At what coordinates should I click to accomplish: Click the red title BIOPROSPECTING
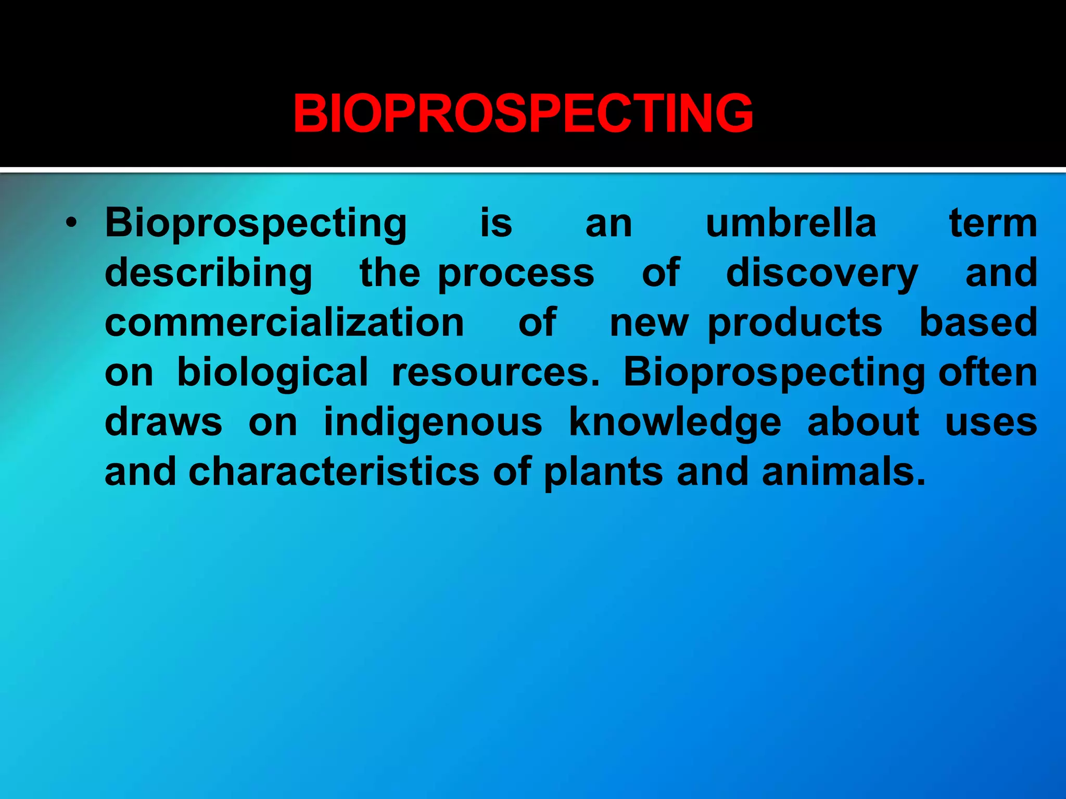coord(523,113)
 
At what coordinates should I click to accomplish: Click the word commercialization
coord(284,323)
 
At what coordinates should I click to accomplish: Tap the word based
coord(978,323)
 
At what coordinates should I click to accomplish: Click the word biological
coord(273,373)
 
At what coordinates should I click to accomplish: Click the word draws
coord(163,422)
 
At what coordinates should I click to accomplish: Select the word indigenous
coord(433,422)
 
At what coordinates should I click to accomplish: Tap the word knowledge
coord(675,422)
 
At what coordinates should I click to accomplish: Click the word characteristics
coord(334,472)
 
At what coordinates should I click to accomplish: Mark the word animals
coord(843,472)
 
